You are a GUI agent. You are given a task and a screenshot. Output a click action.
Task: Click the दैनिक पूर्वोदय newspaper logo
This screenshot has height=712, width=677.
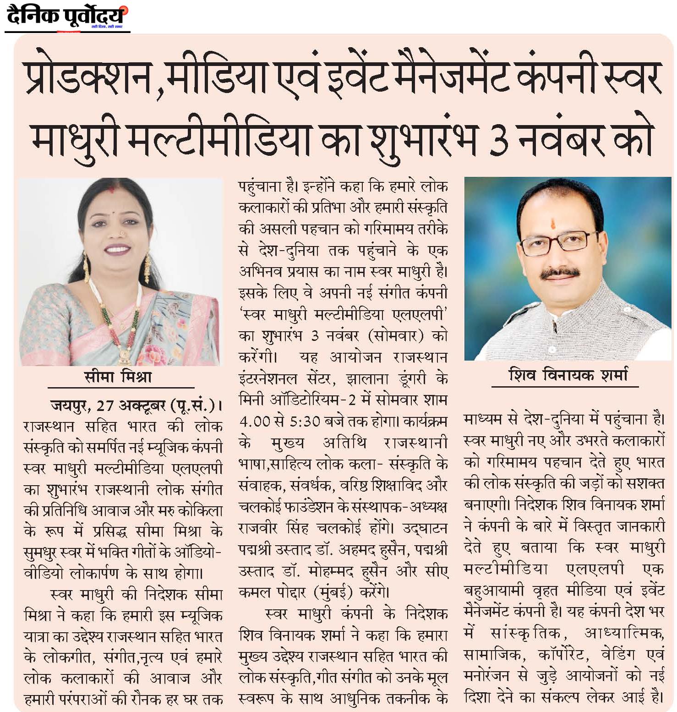(67, 17)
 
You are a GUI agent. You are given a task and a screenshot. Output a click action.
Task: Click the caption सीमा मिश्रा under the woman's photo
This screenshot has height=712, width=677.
(118, 377)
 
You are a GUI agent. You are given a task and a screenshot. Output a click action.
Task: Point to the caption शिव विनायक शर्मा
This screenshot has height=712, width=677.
(568, 375)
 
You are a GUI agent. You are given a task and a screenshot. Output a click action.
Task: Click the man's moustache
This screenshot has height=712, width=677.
(559, 274)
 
